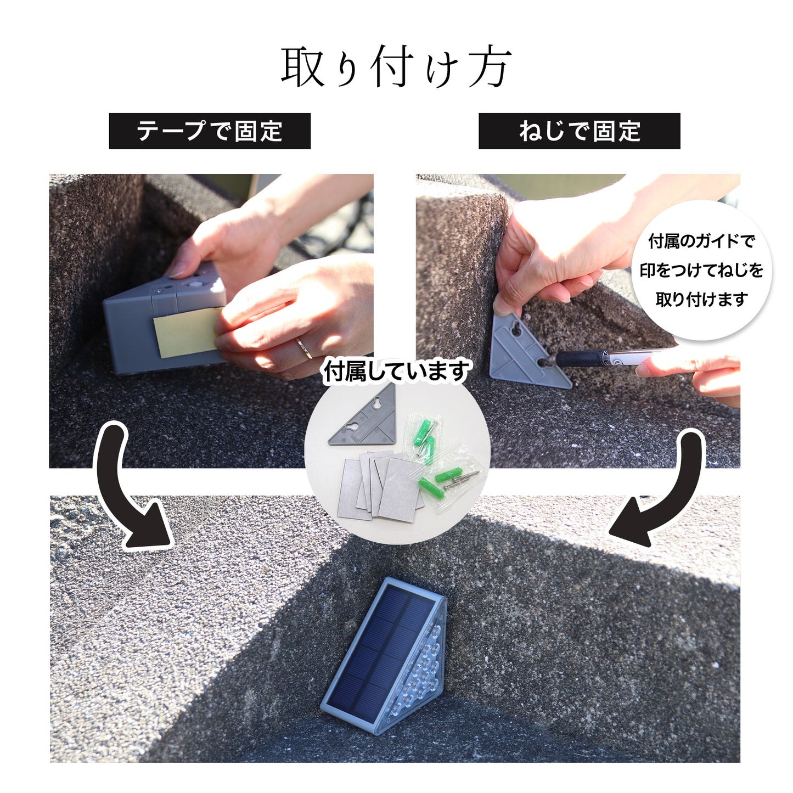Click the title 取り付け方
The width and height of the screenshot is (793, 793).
396,67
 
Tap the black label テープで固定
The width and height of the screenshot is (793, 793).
210,131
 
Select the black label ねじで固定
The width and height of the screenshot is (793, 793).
579,131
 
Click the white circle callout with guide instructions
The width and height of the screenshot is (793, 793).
701,270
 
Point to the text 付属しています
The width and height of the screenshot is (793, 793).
396,372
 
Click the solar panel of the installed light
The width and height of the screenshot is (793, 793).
379,648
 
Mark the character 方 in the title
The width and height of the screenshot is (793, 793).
490,67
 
